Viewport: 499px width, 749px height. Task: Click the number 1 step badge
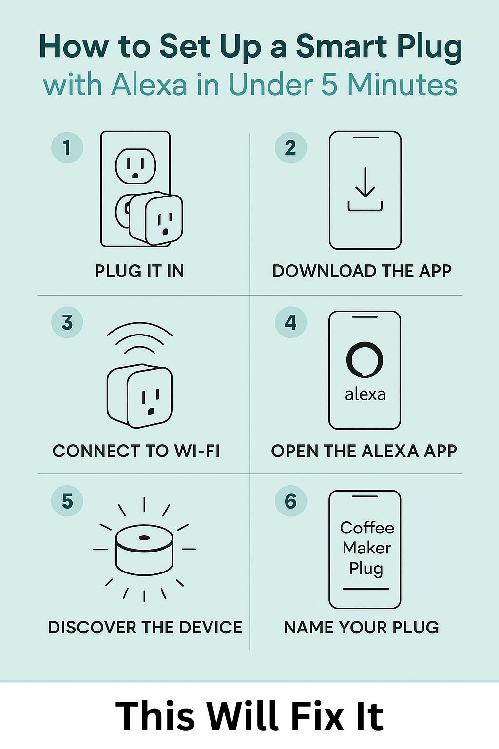point(67,148)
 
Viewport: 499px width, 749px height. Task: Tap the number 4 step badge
point(290,322)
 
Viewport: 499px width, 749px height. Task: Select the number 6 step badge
point(290,501)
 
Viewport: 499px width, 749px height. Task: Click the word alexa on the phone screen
point(365,394)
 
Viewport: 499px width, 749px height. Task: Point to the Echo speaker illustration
point(144,550)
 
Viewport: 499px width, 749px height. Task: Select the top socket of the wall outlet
point(135,166)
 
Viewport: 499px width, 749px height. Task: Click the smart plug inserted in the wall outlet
point(156,218)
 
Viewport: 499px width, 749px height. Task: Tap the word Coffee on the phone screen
point(367,528)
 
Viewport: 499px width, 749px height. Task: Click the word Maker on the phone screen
point(366,548)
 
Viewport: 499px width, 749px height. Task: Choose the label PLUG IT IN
point(139,271)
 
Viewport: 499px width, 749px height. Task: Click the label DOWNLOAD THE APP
point(362,271)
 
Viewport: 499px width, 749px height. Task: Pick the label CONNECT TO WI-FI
point(136,451)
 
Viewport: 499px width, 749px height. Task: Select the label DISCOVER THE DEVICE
point(145,627)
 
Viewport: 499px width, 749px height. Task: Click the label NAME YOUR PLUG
point(361,627)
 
